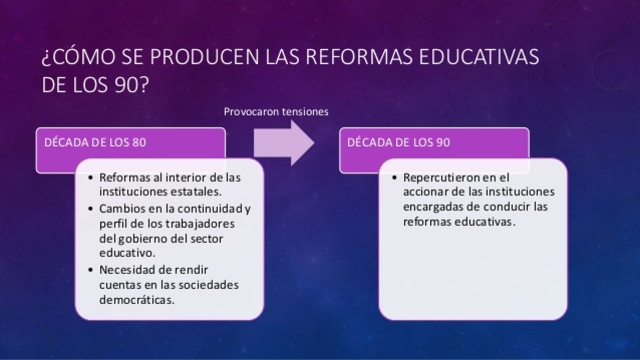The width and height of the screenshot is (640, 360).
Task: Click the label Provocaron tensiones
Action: [x=277, y=111]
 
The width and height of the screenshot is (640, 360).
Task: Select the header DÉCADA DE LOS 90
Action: [x=390, y=141]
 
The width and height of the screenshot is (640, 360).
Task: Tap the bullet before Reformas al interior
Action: [x=91, y=178]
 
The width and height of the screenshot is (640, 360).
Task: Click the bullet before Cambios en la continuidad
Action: [x=91, y=209]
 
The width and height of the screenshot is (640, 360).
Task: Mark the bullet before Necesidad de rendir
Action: [x=91, y=270]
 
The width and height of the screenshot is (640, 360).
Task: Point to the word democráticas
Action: [x=138, y=300]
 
